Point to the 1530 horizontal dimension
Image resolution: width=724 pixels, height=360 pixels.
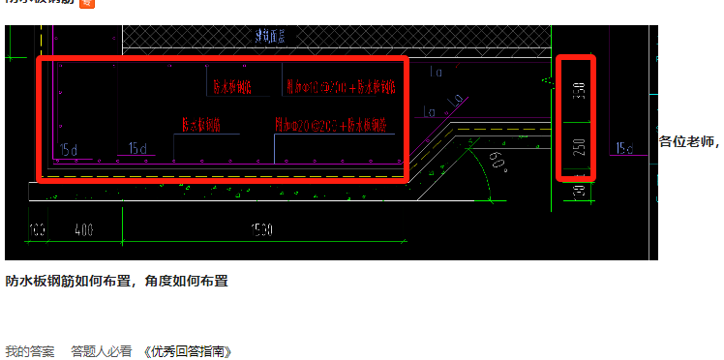[x=259, y=230]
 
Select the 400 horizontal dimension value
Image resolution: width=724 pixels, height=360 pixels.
[x=83, y=230]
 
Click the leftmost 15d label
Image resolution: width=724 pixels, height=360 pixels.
[x=68, y=149]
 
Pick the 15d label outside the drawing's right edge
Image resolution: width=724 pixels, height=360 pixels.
[x=623, y=148]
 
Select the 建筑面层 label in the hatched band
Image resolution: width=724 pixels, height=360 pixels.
[x=276, y=37]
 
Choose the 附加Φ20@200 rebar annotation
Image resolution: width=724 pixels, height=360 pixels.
[x=332, y=127]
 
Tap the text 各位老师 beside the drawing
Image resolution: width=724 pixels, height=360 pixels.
[x=689, y=142]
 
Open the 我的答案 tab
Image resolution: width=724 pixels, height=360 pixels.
[x=30, y=351]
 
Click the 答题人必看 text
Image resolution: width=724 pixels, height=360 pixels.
[x=101, y=351]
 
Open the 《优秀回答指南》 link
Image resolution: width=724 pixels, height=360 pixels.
[x=188, y=351]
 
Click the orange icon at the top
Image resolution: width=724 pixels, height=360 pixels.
[x=86, y=4]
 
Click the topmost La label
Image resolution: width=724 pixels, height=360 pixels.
[x=435, y=71]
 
